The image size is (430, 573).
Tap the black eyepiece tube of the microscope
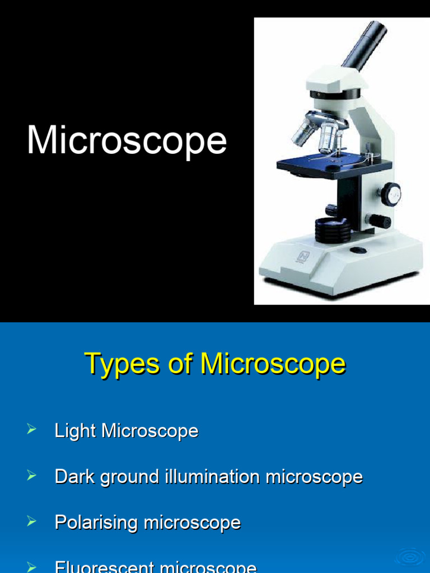click(x=366, y=44)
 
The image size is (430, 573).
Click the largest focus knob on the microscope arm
click(x=390, y=194)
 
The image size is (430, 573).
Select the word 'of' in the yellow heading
click(x=179, y=364)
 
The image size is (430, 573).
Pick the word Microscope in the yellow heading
click(x=273, y=364)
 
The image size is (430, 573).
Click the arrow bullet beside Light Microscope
click(x=31, y=429)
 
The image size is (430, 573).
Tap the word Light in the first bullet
click(x=74, y=431)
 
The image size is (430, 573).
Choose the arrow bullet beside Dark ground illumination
click(x=31, y=475)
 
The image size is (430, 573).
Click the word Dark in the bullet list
click(x=74, y=477)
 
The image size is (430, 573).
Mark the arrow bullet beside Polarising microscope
click(x=31, y=521)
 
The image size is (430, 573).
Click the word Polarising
click(x=96, y=523)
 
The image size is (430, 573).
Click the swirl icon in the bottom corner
click(x=411, y=557)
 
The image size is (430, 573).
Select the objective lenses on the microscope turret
click(x=317, y=133)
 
